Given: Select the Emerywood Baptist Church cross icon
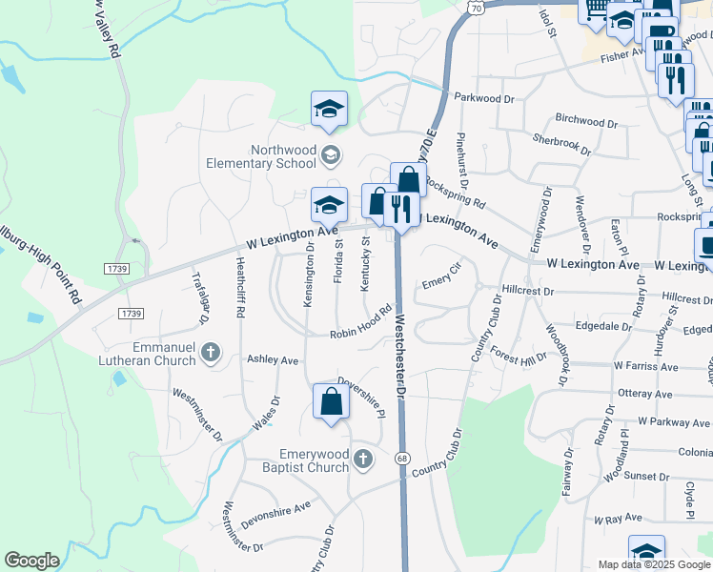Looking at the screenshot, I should click(362, 460).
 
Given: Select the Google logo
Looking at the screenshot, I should click(31, 561).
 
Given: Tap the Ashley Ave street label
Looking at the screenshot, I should click(273, 360).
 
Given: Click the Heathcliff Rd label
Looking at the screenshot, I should click(241, 290).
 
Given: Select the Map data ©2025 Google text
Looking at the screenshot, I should click(653, 563).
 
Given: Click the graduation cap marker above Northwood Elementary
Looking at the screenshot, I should click(329, 109).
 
